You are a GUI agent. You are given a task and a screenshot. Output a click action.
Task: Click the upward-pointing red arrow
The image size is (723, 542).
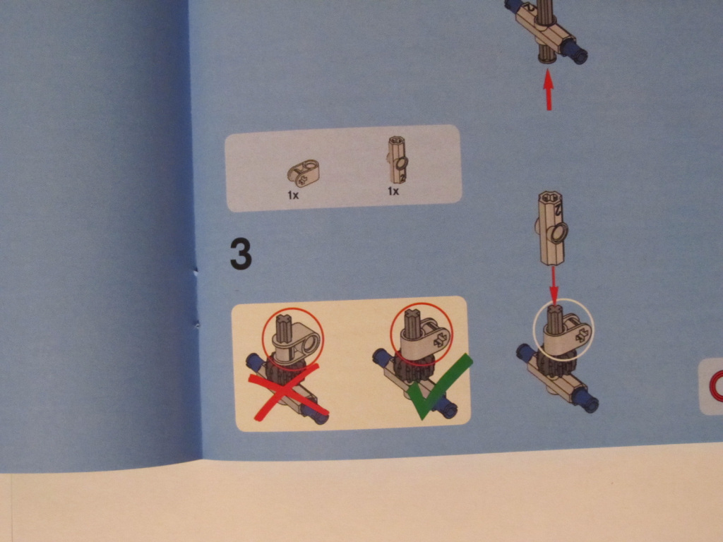(548, 90)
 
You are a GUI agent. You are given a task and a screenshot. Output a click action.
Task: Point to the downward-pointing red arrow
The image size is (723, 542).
(554, 285)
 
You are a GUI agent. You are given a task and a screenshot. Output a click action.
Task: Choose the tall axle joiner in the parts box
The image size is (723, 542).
(398, 160)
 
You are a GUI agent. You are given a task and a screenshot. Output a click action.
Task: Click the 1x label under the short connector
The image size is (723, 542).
(293, 195)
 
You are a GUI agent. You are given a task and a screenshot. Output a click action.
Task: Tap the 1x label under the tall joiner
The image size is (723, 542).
(393, 191)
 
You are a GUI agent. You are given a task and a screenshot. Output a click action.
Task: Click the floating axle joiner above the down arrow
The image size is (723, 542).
(552, 228)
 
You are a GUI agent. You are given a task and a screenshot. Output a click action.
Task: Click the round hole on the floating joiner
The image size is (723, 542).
(559, 231)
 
